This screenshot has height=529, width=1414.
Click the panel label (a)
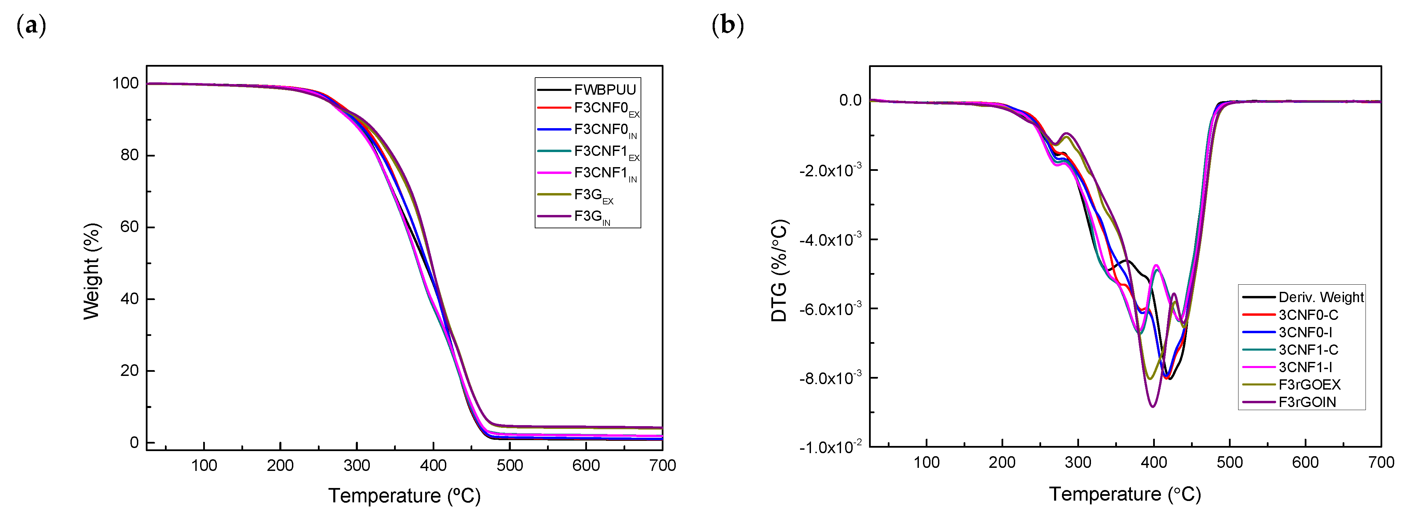31,26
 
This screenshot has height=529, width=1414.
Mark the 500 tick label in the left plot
509,466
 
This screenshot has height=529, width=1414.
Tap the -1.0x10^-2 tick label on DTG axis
830,447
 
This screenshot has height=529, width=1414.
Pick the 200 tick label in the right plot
1002,462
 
